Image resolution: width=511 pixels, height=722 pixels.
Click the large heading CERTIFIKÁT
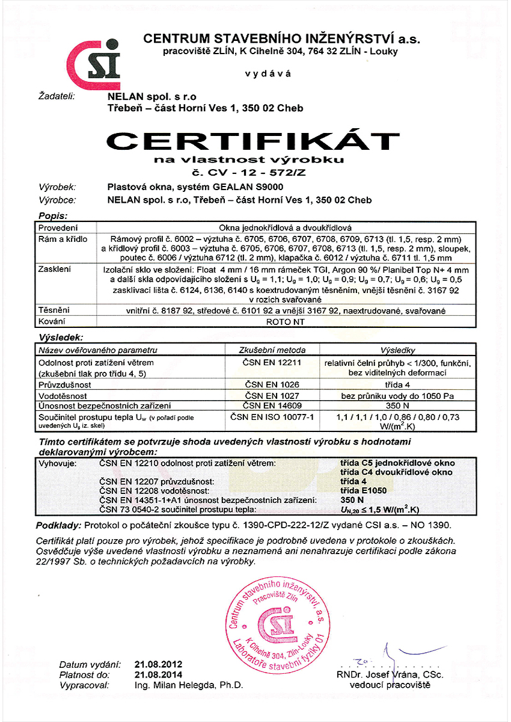pos(252,142)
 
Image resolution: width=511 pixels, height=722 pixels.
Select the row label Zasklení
pos(55,269)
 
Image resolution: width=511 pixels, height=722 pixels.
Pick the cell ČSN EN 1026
pos(272,383)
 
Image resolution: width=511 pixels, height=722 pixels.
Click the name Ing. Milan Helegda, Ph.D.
pos(189,685)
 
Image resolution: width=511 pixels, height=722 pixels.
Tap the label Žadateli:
pos(55,96)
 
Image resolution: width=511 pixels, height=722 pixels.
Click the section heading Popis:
pos(53,215)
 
